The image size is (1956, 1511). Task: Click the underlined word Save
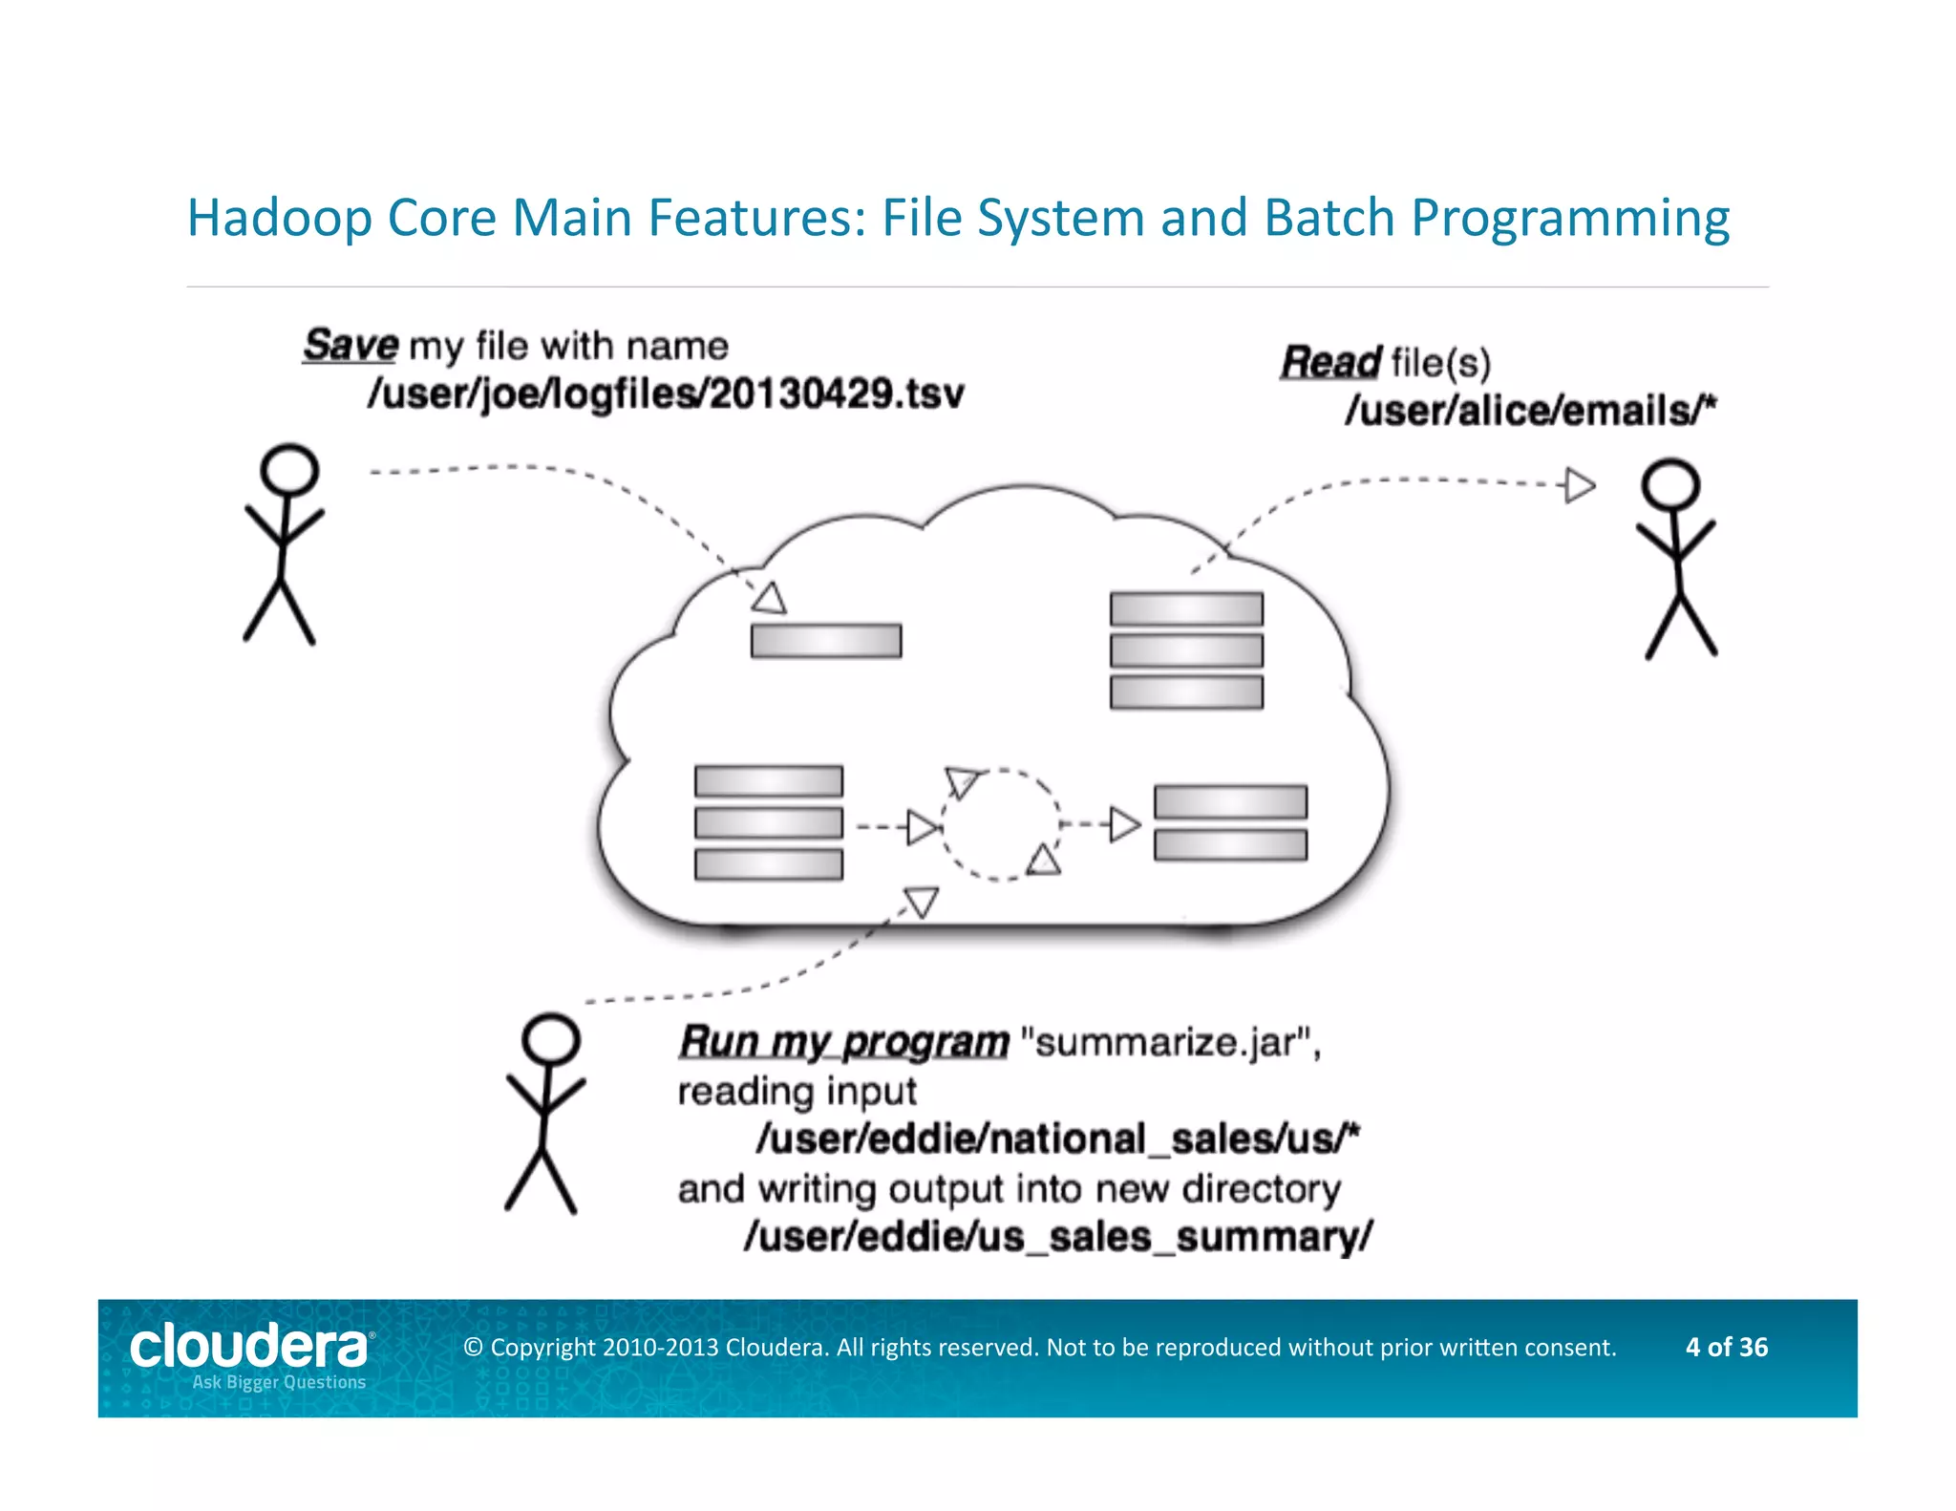pyautogui.click(x=350, y=345)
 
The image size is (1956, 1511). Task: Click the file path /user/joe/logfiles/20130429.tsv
pyautogui.click(x=666, y=394)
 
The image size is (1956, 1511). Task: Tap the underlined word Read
pyautogui.click(x=1329, y=362)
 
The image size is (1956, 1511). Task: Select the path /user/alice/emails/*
pyautogui.click(x=1530, y=411)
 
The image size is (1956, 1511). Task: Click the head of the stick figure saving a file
pyautogui.click(x=289, y=469)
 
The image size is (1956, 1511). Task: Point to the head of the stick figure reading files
pyautogui.click(x=1669, y=483)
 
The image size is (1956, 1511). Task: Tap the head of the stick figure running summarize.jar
pyautogui.click(x=551, y=1038)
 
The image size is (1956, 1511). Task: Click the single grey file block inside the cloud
pyautogui.click(x=826, y=640)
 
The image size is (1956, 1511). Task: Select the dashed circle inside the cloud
pyautogui.click(x=1000, y=823)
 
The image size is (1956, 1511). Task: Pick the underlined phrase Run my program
pyautogui.click(x=843, y=1041)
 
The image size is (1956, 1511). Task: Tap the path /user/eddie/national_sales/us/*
pyautogui.click(x=1057, y=1139)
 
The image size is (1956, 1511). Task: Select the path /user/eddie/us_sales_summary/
pyautogui.click(x=1057, y=1236)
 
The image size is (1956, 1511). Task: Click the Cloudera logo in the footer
pyautogui.click(x=249, y=1347)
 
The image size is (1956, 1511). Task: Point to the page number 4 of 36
pyautogui.click(x=1726, y=1347)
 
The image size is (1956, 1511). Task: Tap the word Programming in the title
pyautogui.click(x=1569, y=218)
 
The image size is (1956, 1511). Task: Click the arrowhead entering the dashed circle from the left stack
pyautogui.click(x=923, y=827)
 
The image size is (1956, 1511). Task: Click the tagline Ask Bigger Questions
pyautogui.click(x=279, y=1382)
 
